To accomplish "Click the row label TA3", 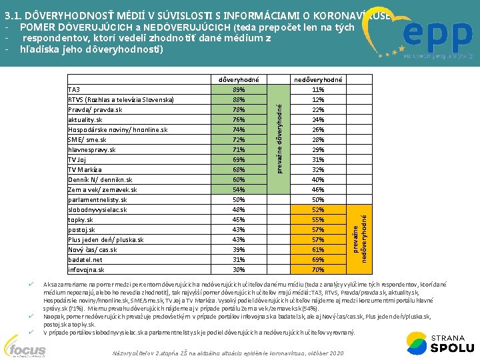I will point(74,90).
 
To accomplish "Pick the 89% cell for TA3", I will point(239,90).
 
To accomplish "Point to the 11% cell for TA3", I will point(318,90).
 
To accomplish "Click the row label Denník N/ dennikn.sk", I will point(100,180).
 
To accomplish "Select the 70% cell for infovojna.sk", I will point(318,270).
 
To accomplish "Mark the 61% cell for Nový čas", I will point(318,250).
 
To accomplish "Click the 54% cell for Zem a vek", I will point(239,190).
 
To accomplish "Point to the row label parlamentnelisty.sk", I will point(98,200).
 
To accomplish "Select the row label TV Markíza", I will point(85,170).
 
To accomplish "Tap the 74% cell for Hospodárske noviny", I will point(239,130).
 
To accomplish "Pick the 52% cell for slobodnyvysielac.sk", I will point(318,210).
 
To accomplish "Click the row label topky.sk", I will point(81,220).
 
